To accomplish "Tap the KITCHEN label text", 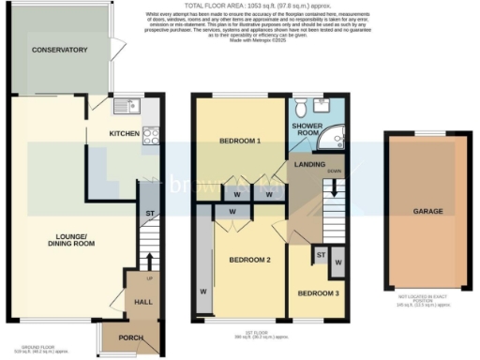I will (x=124, y=134).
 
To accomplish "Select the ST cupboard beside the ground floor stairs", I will (x=148, y=214).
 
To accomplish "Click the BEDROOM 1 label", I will (x=239, y=141).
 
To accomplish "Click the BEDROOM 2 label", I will (x=250, y=260).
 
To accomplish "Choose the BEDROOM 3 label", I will (x=316, y=293).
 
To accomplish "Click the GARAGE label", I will (x=427, y=212).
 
